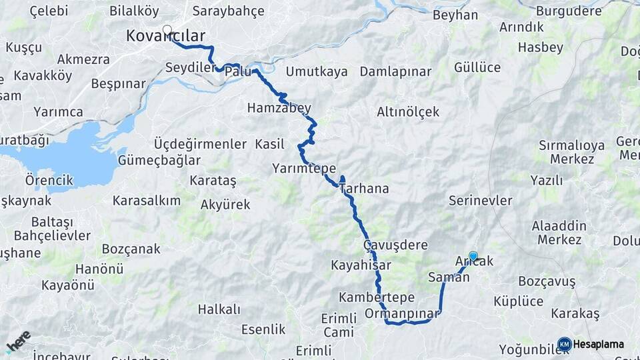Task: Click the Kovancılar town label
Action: coord(165,37)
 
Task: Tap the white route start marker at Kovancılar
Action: coord(167,30)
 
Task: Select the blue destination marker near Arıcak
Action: coord(473,255)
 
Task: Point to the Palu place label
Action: coord(238,71)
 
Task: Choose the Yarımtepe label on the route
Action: coord(304,169)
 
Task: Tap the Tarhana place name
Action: coord(365,189)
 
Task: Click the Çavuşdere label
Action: coord(395,245)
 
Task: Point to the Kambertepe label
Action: coord(377,297)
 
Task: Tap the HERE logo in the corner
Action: coord(18,342)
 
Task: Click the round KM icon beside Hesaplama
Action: coord(564,344)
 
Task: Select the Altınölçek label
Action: coord(408,112)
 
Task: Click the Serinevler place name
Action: coord(480,201)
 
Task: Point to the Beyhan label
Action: coord(455,15)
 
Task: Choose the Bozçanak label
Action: coord(131,249)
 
